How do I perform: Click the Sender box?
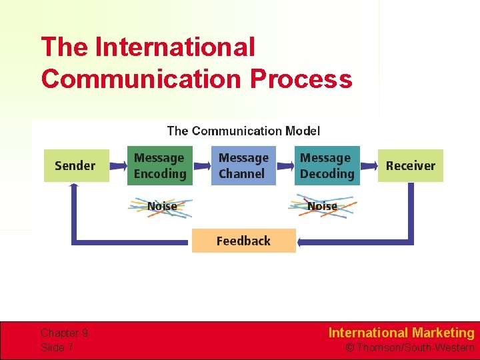(x=75, y=165)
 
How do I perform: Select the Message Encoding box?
(x=160, y=165)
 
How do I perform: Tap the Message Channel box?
(x=243, y=165)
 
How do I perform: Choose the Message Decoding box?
(x=327, y=165)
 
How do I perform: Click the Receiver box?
(x=410, y=165)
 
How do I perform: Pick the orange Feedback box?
(x=243, y=241)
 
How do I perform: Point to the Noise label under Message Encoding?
(x=161, y=206)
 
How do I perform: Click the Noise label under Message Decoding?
(x=322, y=206)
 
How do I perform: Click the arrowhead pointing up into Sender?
(x=73, y=188)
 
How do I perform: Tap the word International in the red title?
(x=175, y=47)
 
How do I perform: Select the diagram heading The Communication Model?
(x=243, y=131)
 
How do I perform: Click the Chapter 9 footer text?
(x=64, y=333)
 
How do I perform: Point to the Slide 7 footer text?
(x=57, y=347)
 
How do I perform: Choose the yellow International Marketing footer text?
(x=401, y=333)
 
